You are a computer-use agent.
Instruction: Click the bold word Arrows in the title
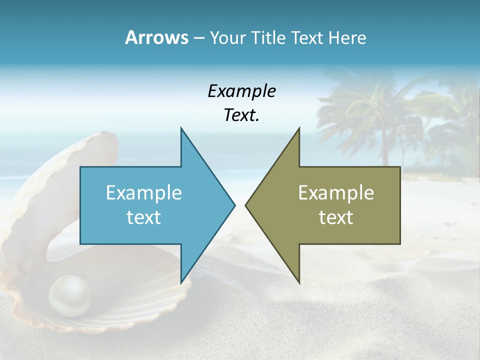(x=156, y=37)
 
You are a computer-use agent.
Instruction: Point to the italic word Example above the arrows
(x=241, y=91)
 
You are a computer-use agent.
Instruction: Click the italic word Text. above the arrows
(x=241, y=115)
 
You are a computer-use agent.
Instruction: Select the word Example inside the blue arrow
(x=144, y=193)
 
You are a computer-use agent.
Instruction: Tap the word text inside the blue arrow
(x=144, y=217)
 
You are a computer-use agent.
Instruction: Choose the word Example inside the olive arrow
(x=336, y=193)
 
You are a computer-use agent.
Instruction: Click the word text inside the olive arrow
(x=336, y=217)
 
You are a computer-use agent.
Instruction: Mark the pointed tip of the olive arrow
(x=246, y=205)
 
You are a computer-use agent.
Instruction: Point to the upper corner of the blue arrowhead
(x=181, y=129)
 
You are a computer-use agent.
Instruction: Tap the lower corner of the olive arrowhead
(x=299, y=282)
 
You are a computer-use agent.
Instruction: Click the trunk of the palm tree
(x=385, y=145)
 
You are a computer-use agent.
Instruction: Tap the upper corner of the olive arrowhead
(x=299, y=129)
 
